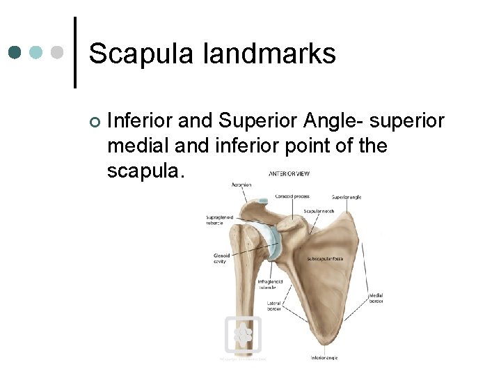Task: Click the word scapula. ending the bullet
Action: (146, 171)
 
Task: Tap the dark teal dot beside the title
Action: (15, 52)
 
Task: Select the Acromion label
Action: (241, 185)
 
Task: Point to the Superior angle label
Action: (347, 197)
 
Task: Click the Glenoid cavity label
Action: (221, 258)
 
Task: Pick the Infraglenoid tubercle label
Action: (267, 284)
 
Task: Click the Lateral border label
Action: (273, 306)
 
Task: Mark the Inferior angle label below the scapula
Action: (325, 358)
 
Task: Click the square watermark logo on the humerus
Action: (243, 336)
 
